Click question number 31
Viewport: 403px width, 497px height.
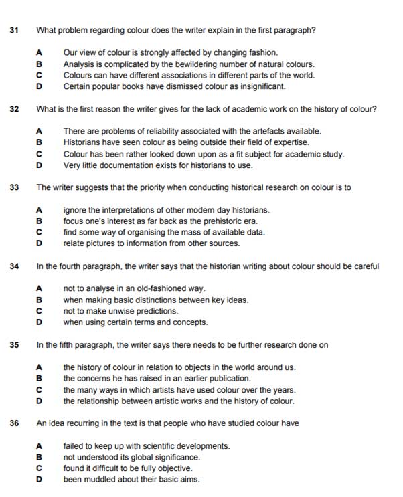15,30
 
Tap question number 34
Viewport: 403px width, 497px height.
15,266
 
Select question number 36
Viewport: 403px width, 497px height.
15,423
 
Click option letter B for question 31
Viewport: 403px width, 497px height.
39,64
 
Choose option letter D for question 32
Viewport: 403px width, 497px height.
39,165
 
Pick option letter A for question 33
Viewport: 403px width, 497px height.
39,210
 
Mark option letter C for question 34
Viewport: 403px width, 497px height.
39,311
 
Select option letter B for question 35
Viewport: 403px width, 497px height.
39,379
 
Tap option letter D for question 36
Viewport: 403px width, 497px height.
39,480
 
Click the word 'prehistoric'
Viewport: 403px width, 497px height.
209,221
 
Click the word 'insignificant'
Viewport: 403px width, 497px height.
262,86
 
